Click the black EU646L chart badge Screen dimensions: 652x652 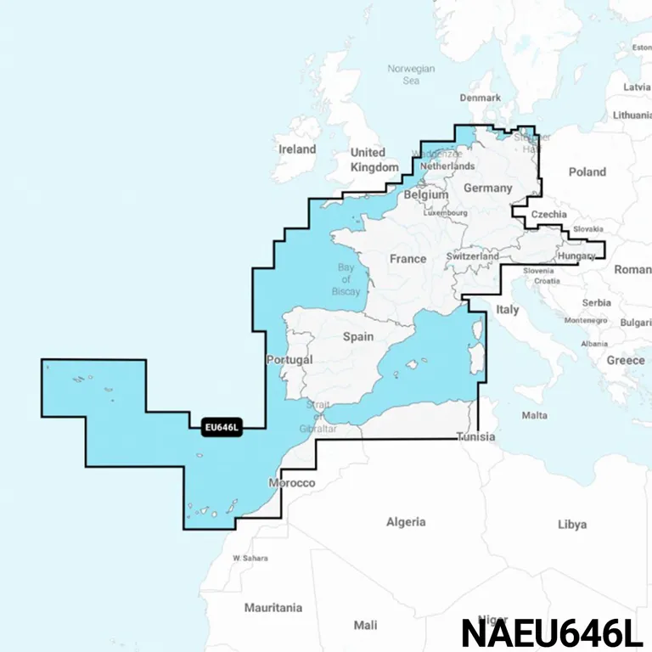pyautogui.click(x=223, y=428)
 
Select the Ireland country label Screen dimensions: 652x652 pyautogui.click(x=297, y=149)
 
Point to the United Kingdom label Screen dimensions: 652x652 pyautogui.click(x=374, y=160)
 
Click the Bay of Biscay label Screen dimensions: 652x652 pyautogui.click(x=346, y=279)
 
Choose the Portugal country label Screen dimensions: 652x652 pyautogui.click(x=289, y=359)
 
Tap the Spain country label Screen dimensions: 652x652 pyautogui.click(x=357, y=336)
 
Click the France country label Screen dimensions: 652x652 pyautogui.click(x=407, y=258)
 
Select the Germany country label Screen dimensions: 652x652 pyautogui.click(x=487, y=188)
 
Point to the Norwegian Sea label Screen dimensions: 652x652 pyautogui.click(x=411, y=75)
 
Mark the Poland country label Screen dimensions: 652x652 pyautogui.click(x=587, y=171)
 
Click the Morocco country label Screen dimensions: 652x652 pyautogui.click(x=291, y=483)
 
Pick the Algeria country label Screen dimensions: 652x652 pyautogui.click(x=406, y=522)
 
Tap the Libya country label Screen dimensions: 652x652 pyautogui.click(x=571, y=525)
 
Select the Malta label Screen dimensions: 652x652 pyautogui.click(x=534, y=415)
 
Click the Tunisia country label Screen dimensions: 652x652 pyautogui.click(x=473, y=437)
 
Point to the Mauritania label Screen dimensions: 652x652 pyautogui.click(x=273, y=608)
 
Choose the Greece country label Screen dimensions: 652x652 pyautogui.click(x=625, y=360)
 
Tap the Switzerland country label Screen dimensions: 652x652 pyautogui.click(x=472, y=256)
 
